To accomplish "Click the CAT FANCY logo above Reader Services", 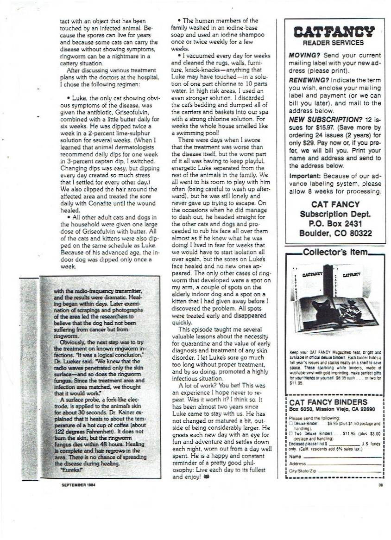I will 334,32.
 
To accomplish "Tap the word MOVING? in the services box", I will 304,55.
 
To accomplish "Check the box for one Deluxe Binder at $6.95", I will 290,423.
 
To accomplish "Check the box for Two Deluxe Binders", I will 290,433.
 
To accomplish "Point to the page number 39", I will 380,486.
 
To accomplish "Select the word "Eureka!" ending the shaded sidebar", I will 69,469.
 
